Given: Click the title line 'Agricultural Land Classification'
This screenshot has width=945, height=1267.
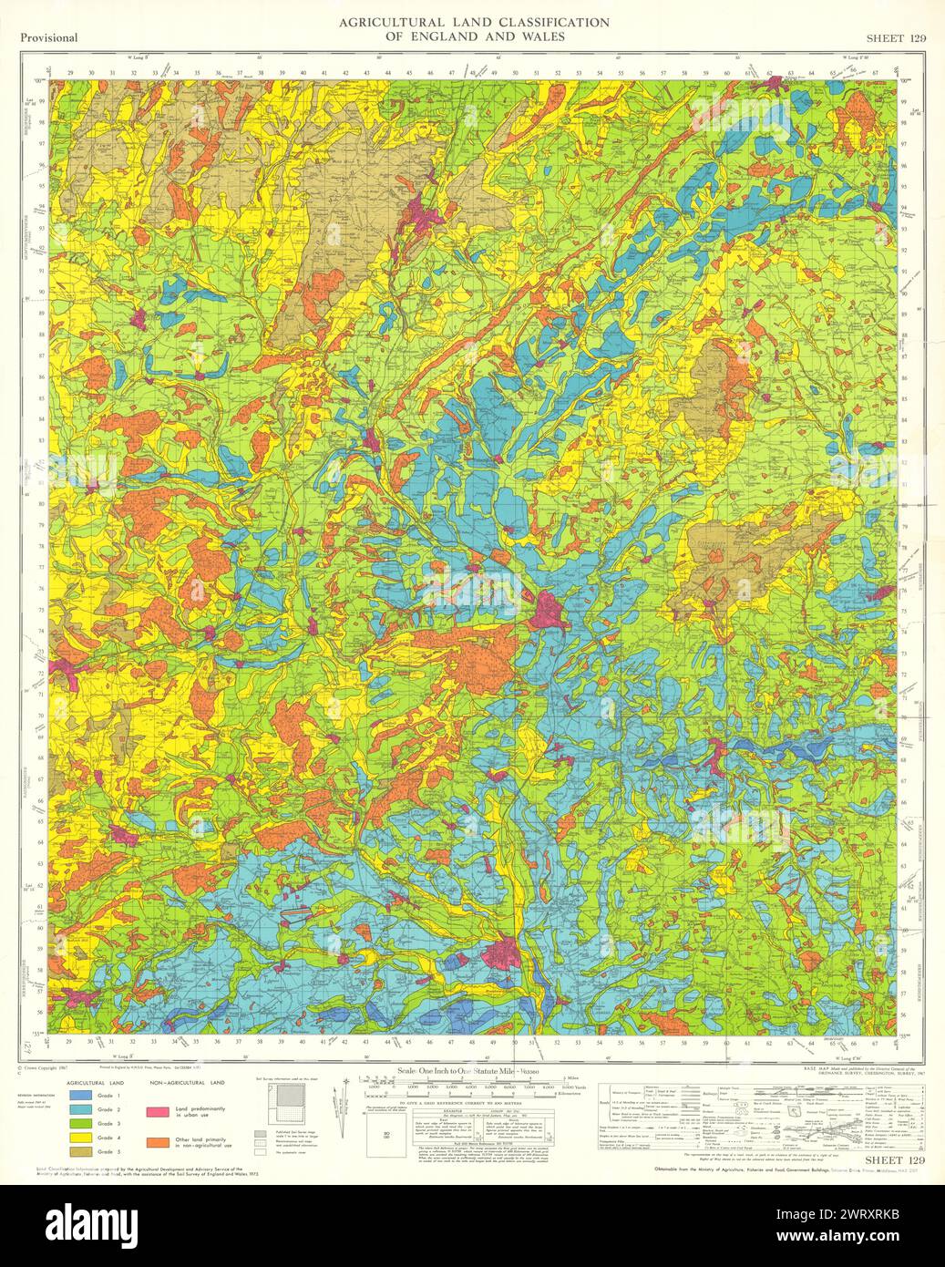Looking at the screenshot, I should pyautogui.click(x=461, y=22).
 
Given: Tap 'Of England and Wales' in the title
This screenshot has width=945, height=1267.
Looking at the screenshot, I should pyautogui.click(x=461, y=36).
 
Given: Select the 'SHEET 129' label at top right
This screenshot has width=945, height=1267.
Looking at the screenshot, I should pyautogui.click(x=897, y=37).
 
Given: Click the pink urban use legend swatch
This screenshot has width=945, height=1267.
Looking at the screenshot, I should pyautogui.click(x=159, y=1112).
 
